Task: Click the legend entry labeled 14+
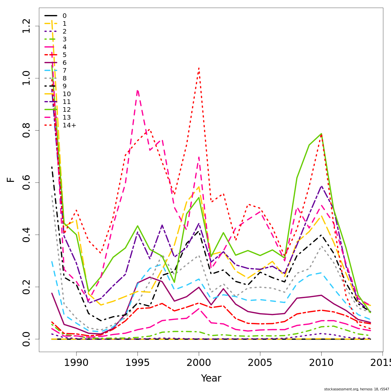click(69, 125)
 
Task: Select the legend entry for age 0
click(65, 16)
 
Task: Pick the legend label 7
click(65, 71)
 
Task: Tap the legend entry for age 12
click(66, 110)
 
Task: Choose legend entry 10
click(66, 94)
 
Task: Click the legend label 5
click(65, 55)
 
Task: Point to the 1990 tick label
click(76, 363)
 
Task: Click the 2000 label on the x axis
click(199, 363)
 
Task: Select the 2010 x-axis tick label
click(321, 363)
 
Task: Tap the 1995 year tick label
click(138, 363)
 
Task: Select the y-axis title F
click(11, 180)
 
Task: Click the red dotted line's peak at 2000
click(199, 68)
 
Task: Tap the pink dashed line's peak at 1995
click(138, 90)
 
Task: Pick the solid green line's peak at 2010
click(321, 134)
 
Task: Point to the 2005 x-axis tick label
click(260, 363)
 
